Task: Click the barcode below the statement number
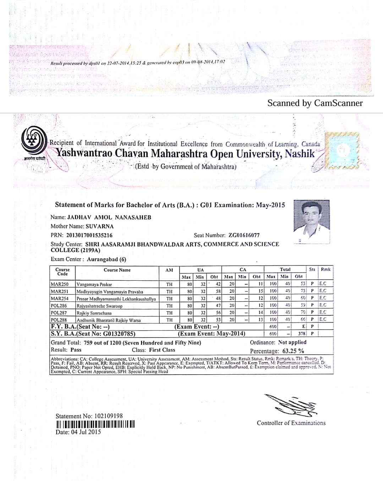[95, 424]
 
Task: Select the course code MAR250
[59, 284]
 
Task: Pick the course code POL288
[59, 320]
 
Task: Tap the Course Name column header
[117, 270]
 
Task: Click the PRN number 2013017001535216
[89, 235]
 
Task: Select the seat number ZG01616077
[244, 235]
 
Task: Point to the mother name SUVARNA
[100, 226]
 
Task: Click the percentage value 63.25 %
[293, 351]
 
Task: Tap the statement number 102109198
[106, 416]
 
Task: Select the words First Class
[162, 350]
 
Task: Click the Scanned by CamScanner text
[315, 103]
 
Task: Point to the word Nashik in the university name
[300, 154]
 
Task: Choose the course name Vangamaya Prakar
[94, 284]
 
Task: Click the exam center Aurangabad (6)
[106, 259]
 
